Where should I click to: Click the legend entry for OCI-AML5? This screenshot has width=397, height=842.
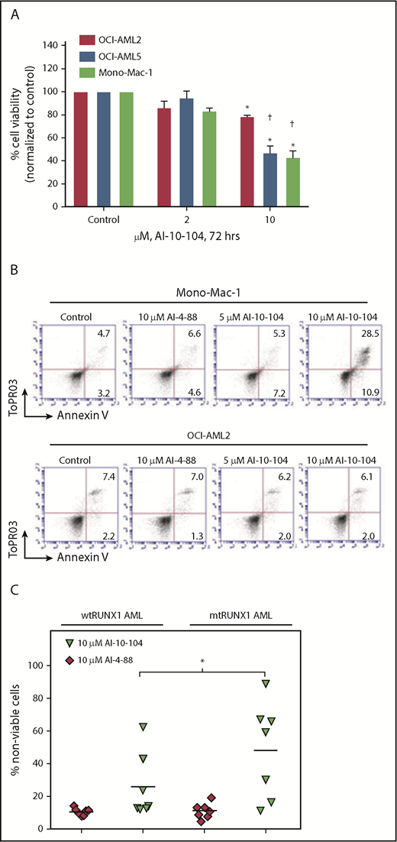click(x=125, y=55)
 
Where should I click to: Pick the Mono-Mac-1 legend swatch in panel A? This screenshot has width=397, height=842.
click(x=88, y=72)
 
